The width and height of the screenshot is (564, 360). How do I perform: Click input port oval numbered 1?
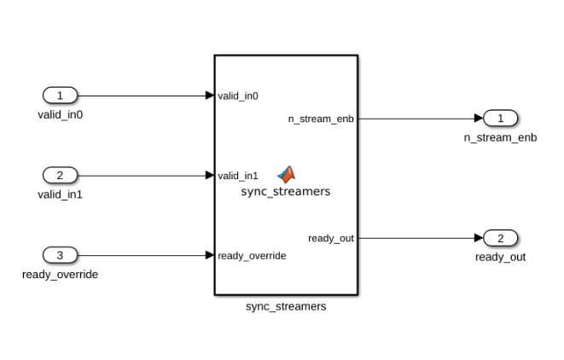click(x=60, y=96)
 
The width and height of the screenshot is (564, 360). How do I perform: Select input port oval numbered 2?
click(x=60, y=175)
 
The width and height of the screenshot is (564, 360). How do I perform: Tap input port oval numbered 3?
click(x=60, y=254)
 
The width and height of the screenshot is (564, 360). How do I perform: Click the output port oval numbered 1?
click(x=501, y=118)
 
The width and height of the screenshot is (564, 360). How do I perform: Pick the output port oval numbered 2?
click(x=501, y=237)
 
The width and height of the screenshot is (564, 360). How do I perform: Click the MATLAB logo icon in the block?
click(x=287, y=175)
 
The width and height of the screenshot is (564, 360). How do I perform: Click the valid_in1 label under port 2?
click(x=60, y=195)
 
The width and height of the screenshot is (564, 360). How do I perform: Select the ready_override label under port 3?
click(x=60, y=274)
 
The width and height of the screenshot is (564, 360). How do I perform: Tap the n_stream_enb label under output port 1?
click(x=501, y=137)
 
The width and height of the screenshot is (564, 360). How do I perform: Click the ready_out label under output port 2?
click(x=501, y=257)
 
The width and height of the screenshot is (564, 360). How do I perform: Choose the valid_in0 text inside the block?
click(x=238, y=96)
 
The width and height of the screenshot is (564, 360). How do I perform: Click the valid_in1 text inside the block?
click(x=238, y=176)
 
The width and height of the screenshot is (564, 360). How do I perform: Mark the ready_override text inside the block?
click(x=252, y=255)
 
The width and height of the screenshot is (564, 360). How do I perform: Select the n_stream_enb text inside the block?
click(x=321, y=119)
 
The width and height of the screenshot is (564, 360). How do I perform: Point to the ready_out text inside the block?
click(x=331, y=238)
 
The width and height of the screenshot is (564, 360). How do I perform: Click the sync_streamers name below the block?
click(x=286, y=306)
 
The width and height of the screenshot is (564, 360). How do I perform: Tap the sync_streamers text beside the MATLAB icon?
click(x=286, y=192)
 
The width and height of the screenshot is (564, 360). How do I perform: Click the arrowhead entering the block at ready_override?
click(x=210, y=254)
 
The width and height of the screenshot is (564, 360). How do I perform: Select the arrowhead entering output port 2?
click(x=479, y=237)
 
